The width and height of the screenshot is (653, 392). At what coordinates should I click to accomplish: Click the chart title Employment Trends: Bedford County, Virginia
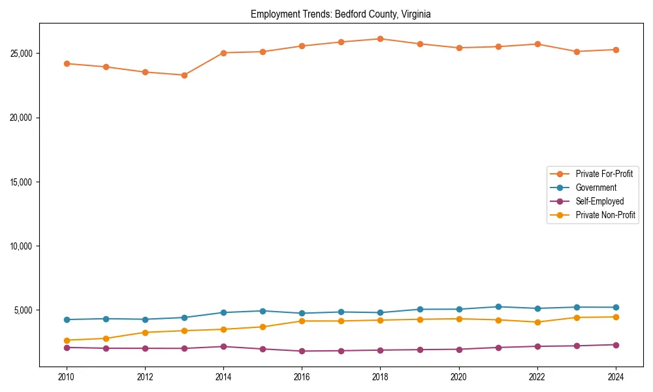[340, 14]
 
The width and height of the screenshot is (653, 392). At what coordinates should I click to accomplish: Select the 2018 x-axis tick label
[380, 377]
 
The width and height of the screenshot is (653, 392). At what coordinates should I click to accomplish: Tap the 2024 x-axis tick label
[615, 377]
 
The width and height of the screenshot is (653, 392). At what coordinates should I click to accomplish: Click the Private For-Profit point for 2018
[380, 39]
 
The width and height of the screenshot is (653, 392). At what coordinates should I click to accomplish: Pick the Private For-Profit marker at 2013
[184, 75]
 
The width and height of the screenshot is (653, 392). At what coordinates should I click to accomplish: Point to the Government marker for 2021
[498, 306]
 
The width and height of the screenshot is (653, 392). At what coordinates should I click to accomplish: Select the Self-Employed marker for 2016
[302, 351]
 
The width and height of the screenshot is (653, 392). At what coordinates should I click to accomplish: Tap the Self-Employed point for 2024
[615, 344]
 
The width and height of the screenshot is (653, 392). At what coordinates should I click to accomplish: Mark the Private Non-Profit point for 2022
[537, 322]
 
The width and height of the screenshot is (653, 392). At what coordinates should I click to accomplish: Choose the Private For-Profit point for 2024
[615, 50]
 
